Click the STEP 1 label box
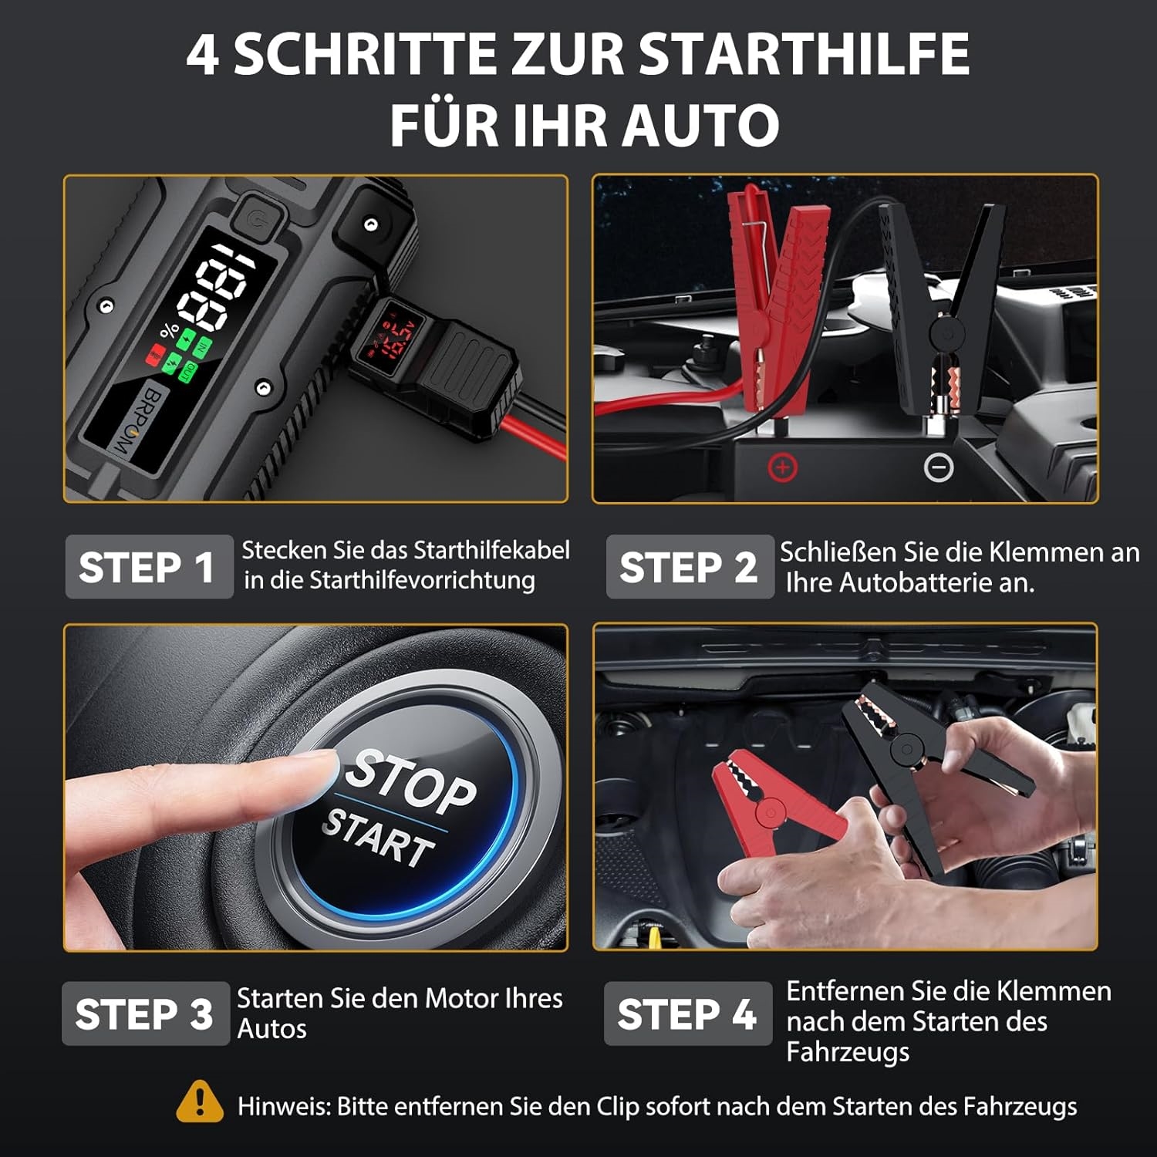pyautogui.click(x=149, y=567)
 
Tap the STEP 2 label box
pyautogui.click(x=690, y=567)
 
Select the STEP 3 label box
pyautogui.click(x=146, y=1014)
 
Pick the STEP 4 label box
pyautogui.click(x=688, y=1014)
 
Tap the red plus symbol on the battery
pyautogui.click(x=782, y=467)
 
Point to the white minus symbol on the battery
pyautogui.click(x=939, y=467)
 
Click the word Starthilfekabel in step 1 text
pyautogui.click(x=491, y=551)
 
